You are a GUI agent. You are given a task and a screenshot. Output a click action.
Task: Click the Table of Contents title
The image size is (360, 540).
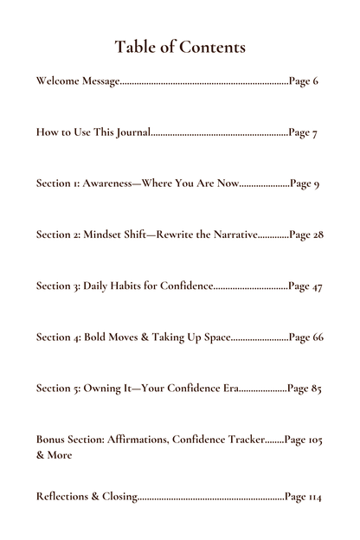180,46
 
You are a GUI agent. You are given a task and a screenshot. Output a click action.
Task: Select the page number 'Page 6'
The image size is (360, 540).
304,81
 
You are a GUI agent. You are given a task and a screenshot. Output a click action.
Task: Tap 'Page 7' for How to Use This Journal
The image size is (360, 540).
303,133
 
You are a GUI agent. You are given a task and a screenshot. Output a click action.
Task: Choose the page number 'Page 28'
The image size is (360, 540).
306,235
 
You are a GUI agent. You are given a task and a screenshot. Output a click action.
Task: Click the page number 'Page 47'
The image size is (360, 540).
305,286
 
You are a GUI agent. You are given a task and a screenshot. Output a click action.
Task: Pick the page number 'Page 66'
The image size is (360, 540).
306,337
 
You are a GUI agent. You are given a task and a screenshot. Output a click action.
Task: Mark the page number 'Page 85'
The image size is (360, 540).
305,389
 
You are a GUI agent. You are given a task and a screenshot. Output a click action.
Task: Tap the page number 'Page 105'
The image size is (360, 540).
304,440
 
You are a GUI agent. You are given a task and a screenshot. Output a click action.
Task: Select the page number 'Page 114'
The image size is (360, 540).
303,497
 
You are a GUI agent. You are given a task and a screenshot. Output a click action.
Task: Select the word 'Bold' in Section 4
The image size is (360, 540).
95,337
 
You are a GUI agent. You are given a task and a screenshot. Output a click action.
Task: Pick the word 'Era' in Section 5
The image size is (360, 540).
230,389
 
